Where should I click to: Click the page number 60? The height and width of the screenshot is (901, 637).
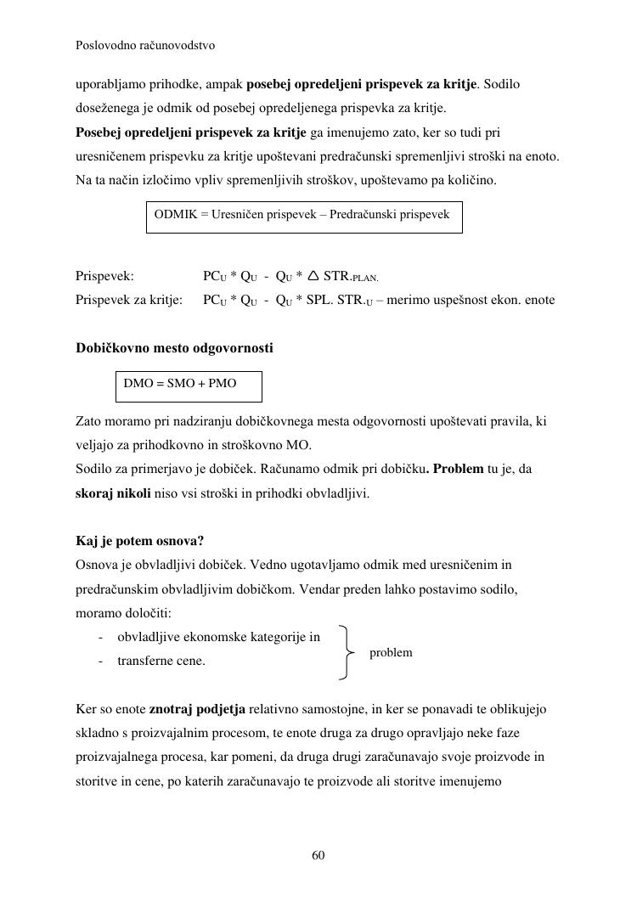tap(318, 855)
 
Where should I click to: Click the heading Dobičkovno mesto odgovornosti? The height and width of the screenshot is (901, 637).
tap(174, 348)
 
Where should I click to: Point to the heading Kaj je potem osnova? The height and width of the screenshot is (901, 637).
tap(140, 541)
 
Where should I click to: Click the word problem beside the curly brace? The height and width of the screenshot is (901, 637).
tap(391, 652)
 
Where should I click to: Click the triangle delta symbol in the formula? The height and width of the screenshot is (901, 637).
tap(313, 276)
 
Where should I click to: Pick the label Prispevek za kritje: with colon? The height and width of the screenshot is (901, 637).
tap(129, 300)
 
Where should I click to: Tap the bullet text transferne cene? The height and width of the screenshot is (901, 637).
tap(161, 661)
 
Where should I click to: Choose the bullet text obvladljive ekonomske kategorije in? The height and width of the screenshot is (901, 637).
tap(218, 637)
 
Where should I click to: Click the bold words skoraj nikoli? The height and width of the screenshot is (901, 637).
tap(114, 493)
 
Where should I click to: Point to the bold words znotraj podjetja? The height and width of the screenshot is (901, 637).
tap(198, 708)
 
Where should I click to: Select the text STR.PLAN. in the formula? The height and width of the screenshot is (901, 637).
tap(351, 277)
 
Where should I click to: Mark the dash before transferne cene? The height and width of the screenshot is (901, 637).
tap(101, 661)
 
